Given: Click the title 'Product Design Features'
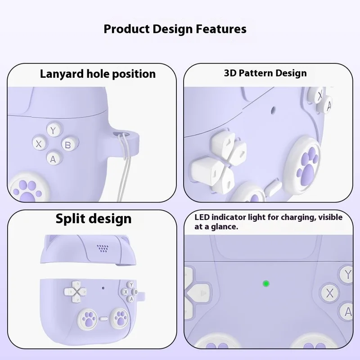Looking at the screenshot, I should point(175,29).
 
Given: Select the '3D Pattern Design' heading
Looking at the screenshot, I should point(265,73).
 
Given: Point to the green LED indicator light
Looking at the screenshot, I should point(266,283).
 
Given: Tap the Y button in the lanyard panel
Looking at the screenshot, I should point(54,131).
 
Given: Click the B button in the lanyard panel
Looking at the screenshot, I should point(67,145).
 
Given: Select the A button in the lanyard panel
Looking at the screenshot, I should point(53,158).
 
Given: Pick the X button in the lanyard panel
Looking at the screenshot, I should point(39,144).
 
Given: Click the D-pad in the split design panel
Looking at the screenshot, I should point(77,291).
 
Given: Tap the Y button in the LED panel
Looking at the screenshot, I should point(347,274).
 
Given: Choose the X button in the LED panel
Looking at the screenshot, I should point(330,293).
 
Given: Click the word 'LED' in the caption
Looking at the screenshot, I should point(202,217).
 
